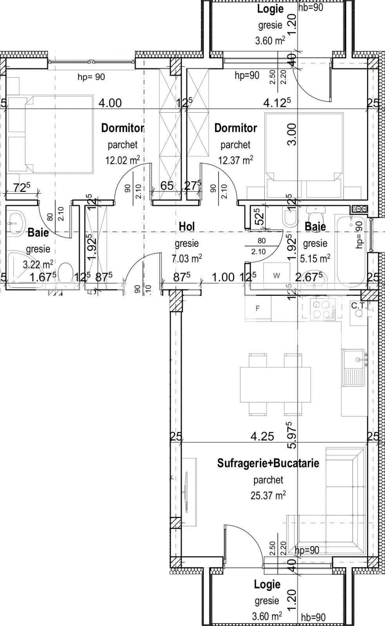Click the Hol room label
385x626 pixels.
coord(186,226)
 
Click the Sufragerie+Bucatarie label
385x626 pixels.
coord(268,463)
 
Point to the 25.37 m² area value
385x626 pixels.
coord(268,495)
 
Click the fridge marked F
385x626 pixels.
coord(257,308)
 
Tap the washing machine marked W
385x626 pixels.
coord(277,275)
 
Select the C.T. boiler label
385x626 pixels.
coord(359,306)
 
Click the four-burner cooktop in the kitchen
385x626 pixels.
coord(322,309)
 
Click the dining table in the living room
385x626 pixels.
coord(275,384)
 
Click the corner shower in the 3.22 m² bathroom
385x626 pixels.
coord(20,266)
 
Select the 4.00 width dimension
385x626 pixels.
coord(110,103)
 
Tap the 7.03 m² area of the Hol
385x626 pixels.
coord(186,258)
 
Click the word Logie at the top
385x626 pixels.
coord(270,9)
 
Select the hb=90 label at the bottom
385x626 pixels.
coord(313,617)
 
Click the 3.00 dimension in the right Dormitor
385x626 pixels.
coord(292,134)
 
